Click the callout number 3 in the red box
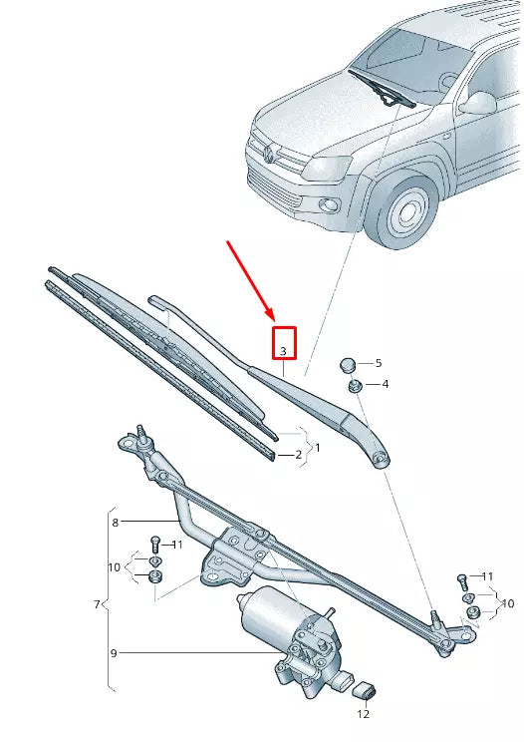tap(284, 351)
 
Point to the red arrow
tap(250, 281)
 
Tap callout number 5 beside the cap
tap(378, 363)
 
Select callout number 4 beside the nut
tap(385, 384)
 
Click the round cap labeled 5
tap(350, 363)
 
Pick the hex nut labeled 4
tap(355, 385)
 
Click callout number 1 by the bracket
tap(317, 448)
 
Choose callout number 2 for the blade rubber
tap(297, 455)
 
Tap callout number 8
tap(116, 522)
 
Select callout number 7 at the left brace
tap(97, 604)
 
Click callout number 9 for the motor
tap(115, 653)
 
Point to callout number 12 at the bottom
tap(364, 713)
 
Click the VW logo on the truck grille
tap(269, 153)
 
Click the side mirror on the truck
tap(478, 102)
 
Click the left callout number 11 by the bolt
tap(177, 545)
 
